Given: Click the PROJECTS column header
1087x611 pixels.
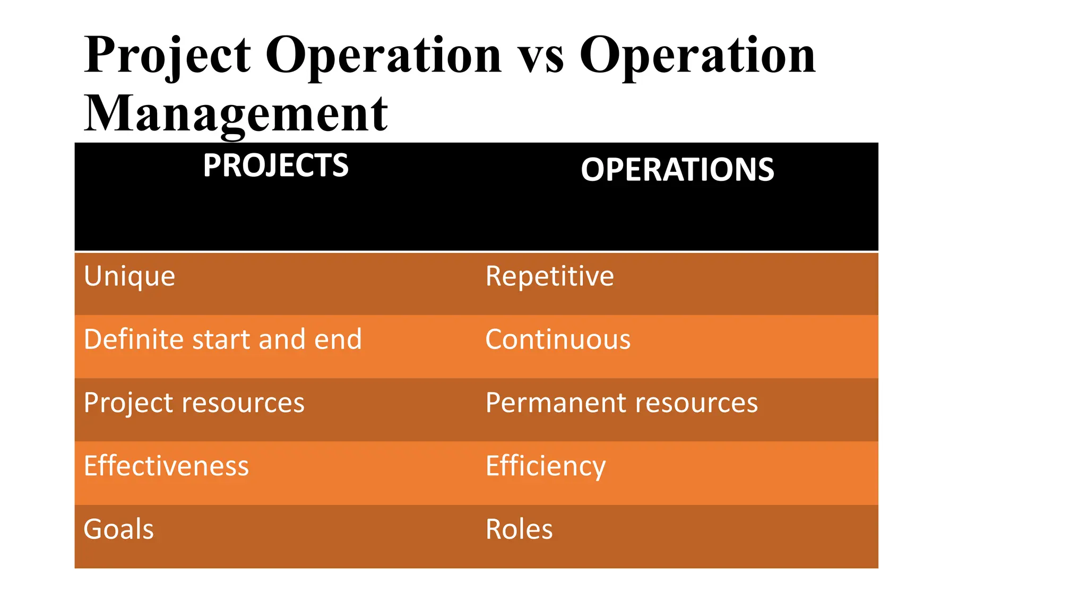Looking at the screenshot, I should point(275,165).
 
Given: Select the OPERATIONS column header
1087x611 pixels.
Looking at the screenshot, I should point(677,170).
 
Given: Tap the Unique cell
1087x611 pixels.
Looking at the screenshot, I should point(130,276).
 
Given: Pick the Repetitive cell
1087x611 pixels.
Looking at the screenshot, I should point(549,276).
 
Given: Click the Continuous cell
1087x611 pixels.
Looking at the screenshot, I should point(558,339).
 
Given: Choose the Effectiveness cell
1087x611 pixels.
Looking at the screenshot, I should point(166,466).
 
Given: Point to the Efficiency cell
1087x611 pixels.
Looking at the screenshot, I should point(546,466).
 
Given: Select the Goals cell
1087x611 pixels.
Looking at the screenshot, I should point(119,529).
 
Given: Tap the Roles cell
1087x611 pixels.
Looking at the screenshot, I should point(519,529).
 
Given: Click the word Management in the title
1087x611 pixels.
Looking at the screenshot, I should point(236,114).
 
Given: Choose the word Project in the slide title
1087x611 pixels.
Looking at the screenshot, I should point(167,55).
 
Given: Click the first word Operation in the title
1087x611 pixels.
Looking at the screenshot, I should point(383,55).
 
